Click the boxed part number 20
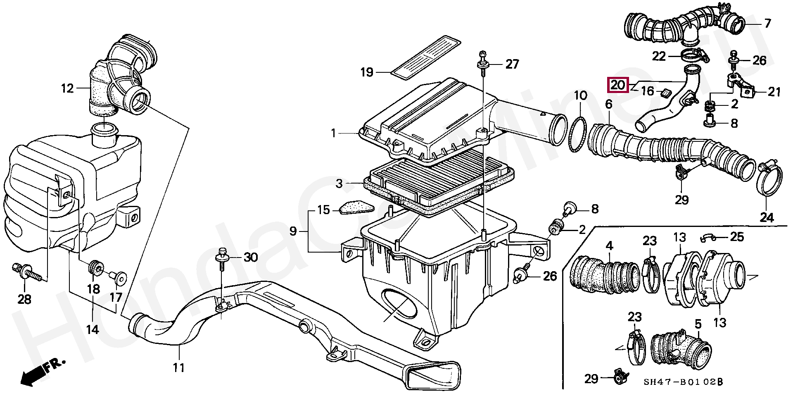[617, 86]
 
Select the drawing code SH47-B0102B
[683, 382]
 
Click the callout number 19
[367, 73]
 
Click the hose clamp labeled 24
[769, 180]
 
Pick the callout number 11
[178, 367]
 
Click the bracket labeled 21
[742, 87]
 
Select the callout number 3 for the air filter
[339, 183]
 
